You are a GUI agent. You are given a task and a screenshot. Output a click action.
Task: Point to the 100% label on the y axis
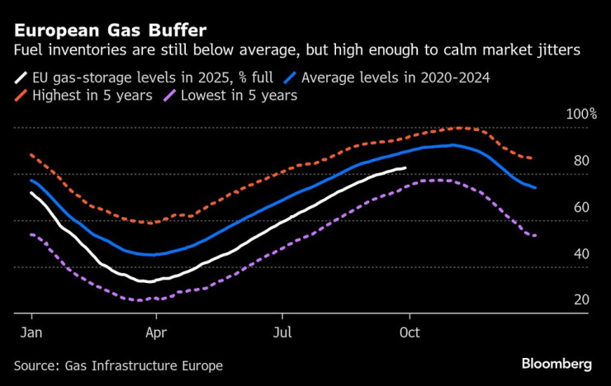[580, 113]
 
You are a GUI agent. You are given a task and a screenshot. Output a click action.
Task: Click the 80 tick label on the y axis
[581, 160]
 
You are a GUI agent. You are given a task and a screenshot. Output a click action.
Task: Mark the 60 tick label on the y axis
[581, 207]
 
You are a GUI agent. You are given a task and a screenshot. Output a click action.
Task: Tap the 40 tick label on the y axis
[581, 253]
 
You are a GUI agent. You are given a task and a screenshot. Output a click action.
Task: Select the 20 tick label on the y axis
[581, 299]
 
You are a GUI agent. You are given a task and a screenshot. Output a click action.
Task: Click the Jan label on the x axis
[31, 332]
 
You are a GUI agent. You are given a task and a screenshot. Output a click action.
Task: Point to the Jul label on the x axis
[282, 332]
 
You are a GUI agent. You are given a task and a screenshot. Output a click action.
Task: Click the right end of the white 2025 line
[405, 168]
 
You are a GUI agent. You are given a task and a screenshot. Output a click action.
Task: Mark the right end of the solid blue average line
[536, 188]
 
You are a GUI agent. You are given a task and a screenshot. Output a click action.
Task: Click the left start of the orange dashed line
[31, 155]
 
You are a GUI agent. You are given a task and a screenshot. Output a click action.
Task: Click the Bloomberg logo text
[557, 364]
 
